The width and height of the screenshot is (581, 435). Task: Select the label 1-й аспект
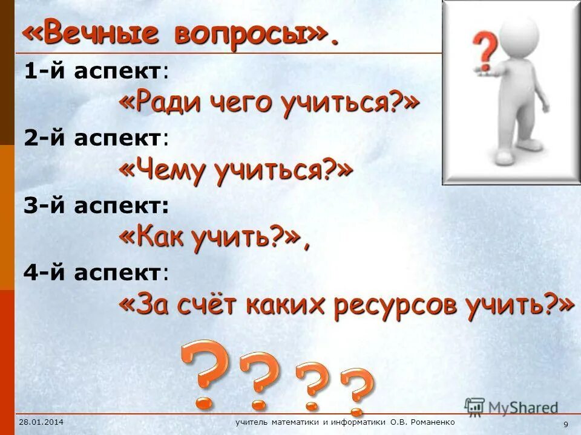(x=96, y=72)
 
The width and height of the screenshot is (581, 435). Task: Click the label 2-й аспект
(x=96, y=138)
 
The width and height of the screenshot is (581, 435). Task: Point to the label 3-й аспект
(x=96, y=206)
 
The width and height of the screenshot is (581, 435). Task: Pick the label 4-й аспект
(x=96, y=273)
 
